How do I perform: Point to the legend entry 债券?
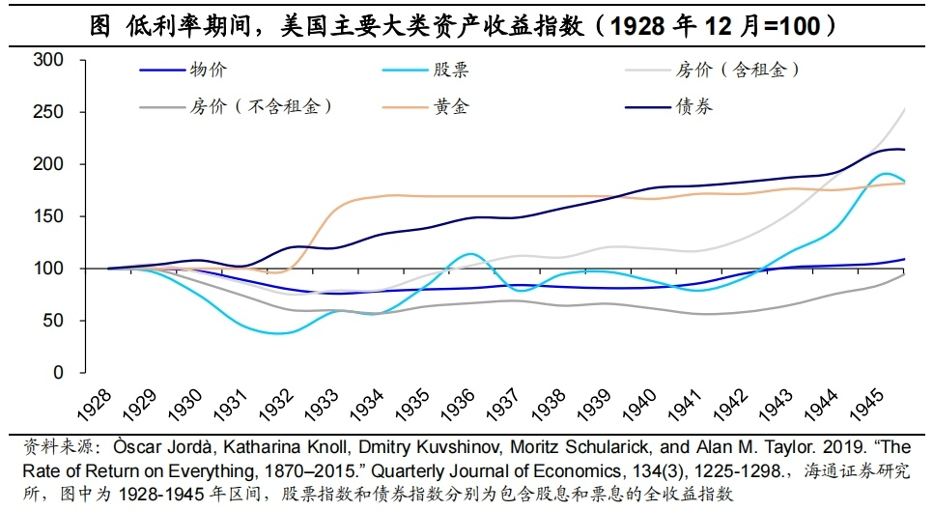pos(694,105)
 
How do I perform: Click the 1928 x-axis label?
pos(97,406)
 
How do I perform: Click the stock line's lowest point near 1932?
pos(278,333)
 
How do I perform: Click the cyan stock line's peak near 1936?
pos(469,254)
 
